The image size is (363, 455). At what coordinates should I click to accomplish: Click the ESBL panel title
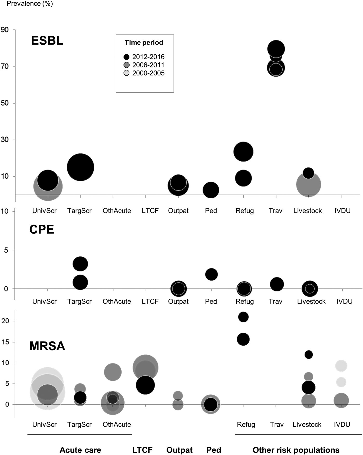pyautogui.click(x=47, y=41)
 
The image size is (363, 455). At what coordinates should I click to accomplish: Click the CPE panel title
pyautogui.click(x=42, y=229)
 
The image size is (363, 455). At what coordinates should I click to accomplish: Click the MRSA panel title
pyautogui.click(x=47, y=346)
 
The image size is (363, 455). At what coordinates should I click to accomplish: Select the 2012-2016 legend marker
pyautogui.click(x=127, y=57)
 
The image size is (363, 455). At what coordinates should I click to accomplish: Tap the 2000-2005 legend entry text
pyautogui.click(x=148, y=73)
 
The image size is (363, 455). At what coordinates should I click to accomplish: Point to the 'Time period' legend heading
pyautogui.click(x=144, y=43)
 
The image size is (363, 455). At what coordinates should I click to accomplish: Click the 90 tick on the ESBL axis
pyautogui.click(x=5, y=30)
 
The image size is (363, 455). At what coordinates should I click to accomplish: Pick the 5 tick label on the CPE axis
pyautogui.click(x=6, y=250)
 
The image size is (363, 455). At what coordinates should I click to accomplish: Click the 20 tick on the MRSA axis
pyautogui.click(x=5, y=321)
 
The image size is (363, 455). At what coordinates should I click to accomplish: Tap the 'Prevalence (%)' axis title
pyautogui.click(x=30, y=4)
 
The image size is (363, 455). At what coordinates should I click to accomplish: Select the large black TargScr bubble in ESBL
pyautogui.click(x=80, y=167)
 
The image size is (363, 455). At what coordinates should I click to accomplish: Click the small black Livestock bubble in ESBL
pyautogui.click(x=309, y=173)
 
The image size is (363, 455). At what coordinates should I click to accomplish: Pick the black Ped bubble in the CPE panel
pyautogui.click(x=211, y=274)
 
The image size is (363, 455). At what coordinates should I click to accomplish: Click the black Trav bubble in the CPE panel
pyautogui.click(x=277, y=284)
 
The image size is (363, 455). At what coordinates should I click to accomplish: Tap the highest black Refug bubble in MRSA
pyautogui.click(x=243, y=317)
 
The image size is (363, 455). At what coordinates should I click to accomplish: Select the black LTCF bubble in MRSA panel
pyautogui.click(x=145, y=385)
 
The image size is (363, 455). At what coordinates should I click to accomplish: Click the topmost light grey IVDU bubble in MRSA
pyautogui.click(x=341, y=366)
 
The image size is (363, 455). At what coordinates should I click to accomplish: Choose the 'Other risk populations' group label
pyautogui.click(x=296, y=450)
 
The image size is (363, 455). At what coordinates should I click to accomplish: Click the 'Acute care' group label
pyautogui.click(x=80, y=450)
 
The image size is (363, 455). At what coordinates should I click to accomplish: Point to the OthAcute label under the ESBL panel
pyautogui.click(x=117, y=211)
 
